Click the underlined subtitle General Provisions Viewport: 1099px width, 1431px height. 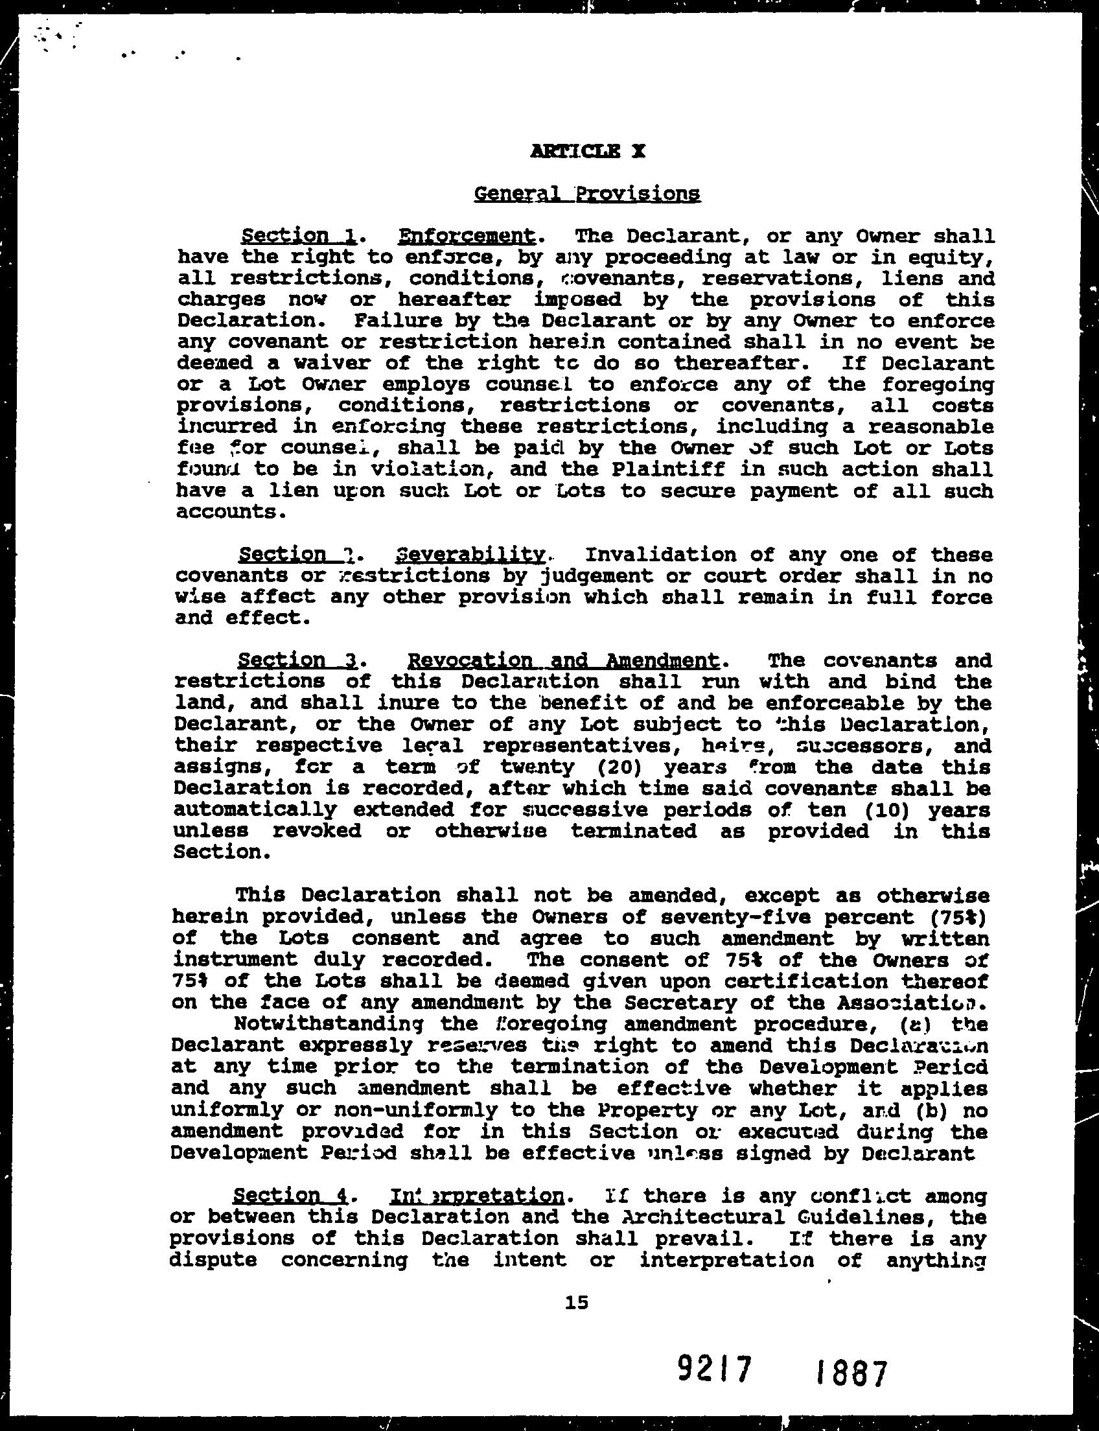coord(587,194)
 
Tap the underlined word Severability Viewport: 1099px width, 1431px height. coord(471,555)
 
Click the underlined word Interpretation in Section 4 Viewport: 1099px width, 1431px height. coord(478,1197)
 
